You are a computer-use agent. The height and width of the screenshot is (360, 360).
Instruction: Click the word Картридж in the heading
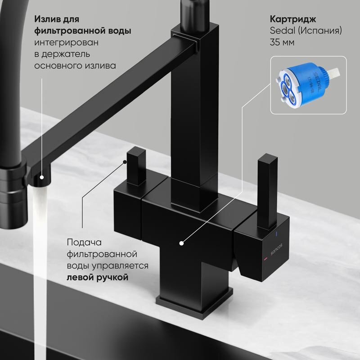pyautogui.click(x=293, y=19)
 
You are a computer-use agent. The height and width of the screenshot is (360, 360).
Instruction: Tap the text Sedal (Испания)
pyautogui.click(x=306, y=31)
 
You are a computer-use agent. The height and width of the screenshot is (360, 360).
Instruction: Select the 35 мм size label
pyautogui.click(x=282, y=42)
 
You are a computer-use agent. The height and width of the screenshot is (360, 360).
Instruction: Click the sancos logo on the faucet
pyautogui.click(x=276, y=249)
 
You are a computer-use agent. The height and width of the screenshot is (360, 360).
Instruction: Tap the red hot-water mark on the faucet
pyautogui.click(x=265, y=259)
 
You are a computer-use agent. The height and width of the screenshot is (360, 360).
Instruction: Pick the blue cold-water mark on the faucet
pyautogui.click(x=277, y=234)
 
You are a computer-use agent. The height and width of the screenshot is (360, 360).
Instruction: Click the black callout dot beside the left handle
pyautogui.click(x=125, y=162)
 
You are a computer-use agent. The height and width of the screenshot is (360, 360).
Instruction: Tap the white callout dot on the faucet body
pyautogui.click(x=181, y=243)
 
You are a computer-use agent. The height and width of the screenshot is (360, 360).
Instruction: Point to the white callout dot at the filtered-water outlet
pyautogui.click(x=41, y=177)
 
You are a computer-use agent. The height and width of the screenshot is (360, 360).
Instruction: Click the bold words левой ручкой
pyautogui.click(x=97, y=277)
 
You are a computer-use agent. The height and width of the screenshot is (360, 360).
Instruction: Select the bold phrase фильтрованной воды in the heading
pyautogui.click(x=83, y=31)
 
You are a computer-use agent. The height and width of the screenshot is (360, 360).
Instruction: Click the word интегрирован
pyautogui.click(x=66, y=42)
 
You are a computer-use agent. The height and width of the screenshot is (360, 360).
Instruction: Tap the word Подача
pyautogui.click(x=84, y=242)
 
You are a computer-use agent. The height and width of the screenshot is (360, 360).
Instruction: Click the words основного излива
pyautogui.click(x=75, y=66)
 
